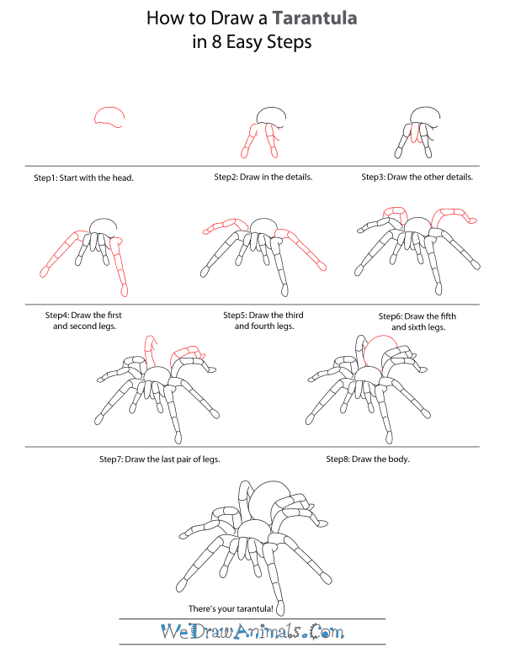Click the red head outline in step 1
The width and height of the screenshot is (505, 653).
point(110,117)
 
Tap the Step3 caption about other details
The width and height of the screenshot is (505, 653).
point(417,178)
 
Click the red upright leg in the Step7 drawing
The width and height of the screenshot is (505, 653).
point(151,350)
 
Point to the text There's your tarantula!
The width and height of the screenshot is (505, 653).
point(234,608)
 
